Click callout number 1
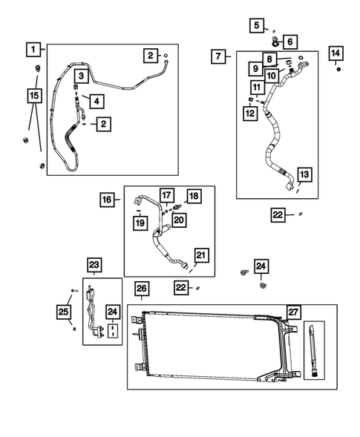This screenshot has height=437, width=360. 33,50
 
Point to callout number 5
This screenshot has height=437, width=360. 257,26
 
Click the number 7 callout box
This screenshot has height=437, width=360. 218,56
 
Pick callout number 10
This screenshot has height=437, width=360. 271,76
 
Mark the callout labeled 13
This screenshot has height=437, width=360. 304,174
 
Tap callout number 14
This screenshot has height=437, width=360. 336,53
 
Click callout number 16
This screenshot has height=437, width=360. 108,199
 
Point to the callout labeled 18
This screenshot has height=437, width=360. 194,196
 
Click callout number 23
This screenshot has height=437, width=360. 94,265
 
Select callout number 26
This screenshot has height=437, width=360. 142,288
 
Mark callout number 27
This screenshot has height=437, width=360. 295,312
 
